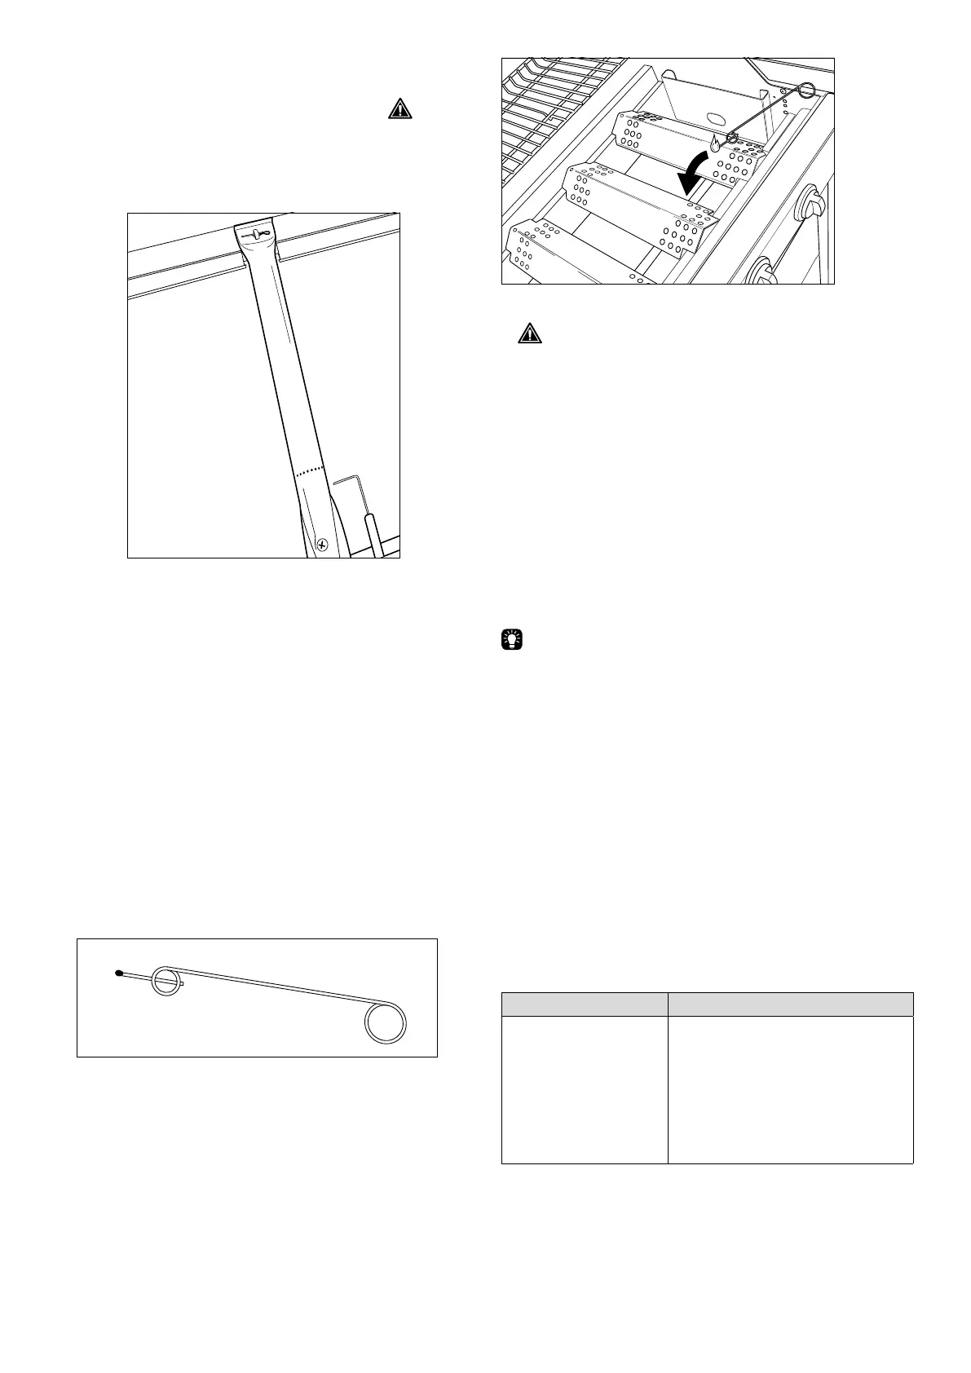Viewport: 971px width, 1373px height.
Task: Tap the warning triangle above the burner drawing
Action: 399,108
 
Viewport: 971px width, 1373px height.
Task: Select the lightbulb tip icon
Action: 510,641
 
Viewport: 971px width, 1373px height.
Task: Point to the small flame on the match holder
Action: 716,143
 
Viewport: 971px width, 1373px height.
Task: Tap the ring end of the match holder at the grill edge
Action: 806,90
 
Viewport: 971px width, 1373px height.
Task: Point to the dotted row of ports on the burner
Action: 310,471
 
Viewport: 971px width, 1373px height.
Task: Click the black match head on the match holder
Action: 119,973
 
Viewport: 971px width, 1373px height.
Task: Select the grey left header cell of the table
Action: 584,1004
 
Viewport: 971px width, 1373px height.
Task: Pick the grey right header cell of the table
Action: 790,1004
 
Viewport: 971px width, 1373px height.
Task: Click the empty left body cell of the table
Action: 584,1088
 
